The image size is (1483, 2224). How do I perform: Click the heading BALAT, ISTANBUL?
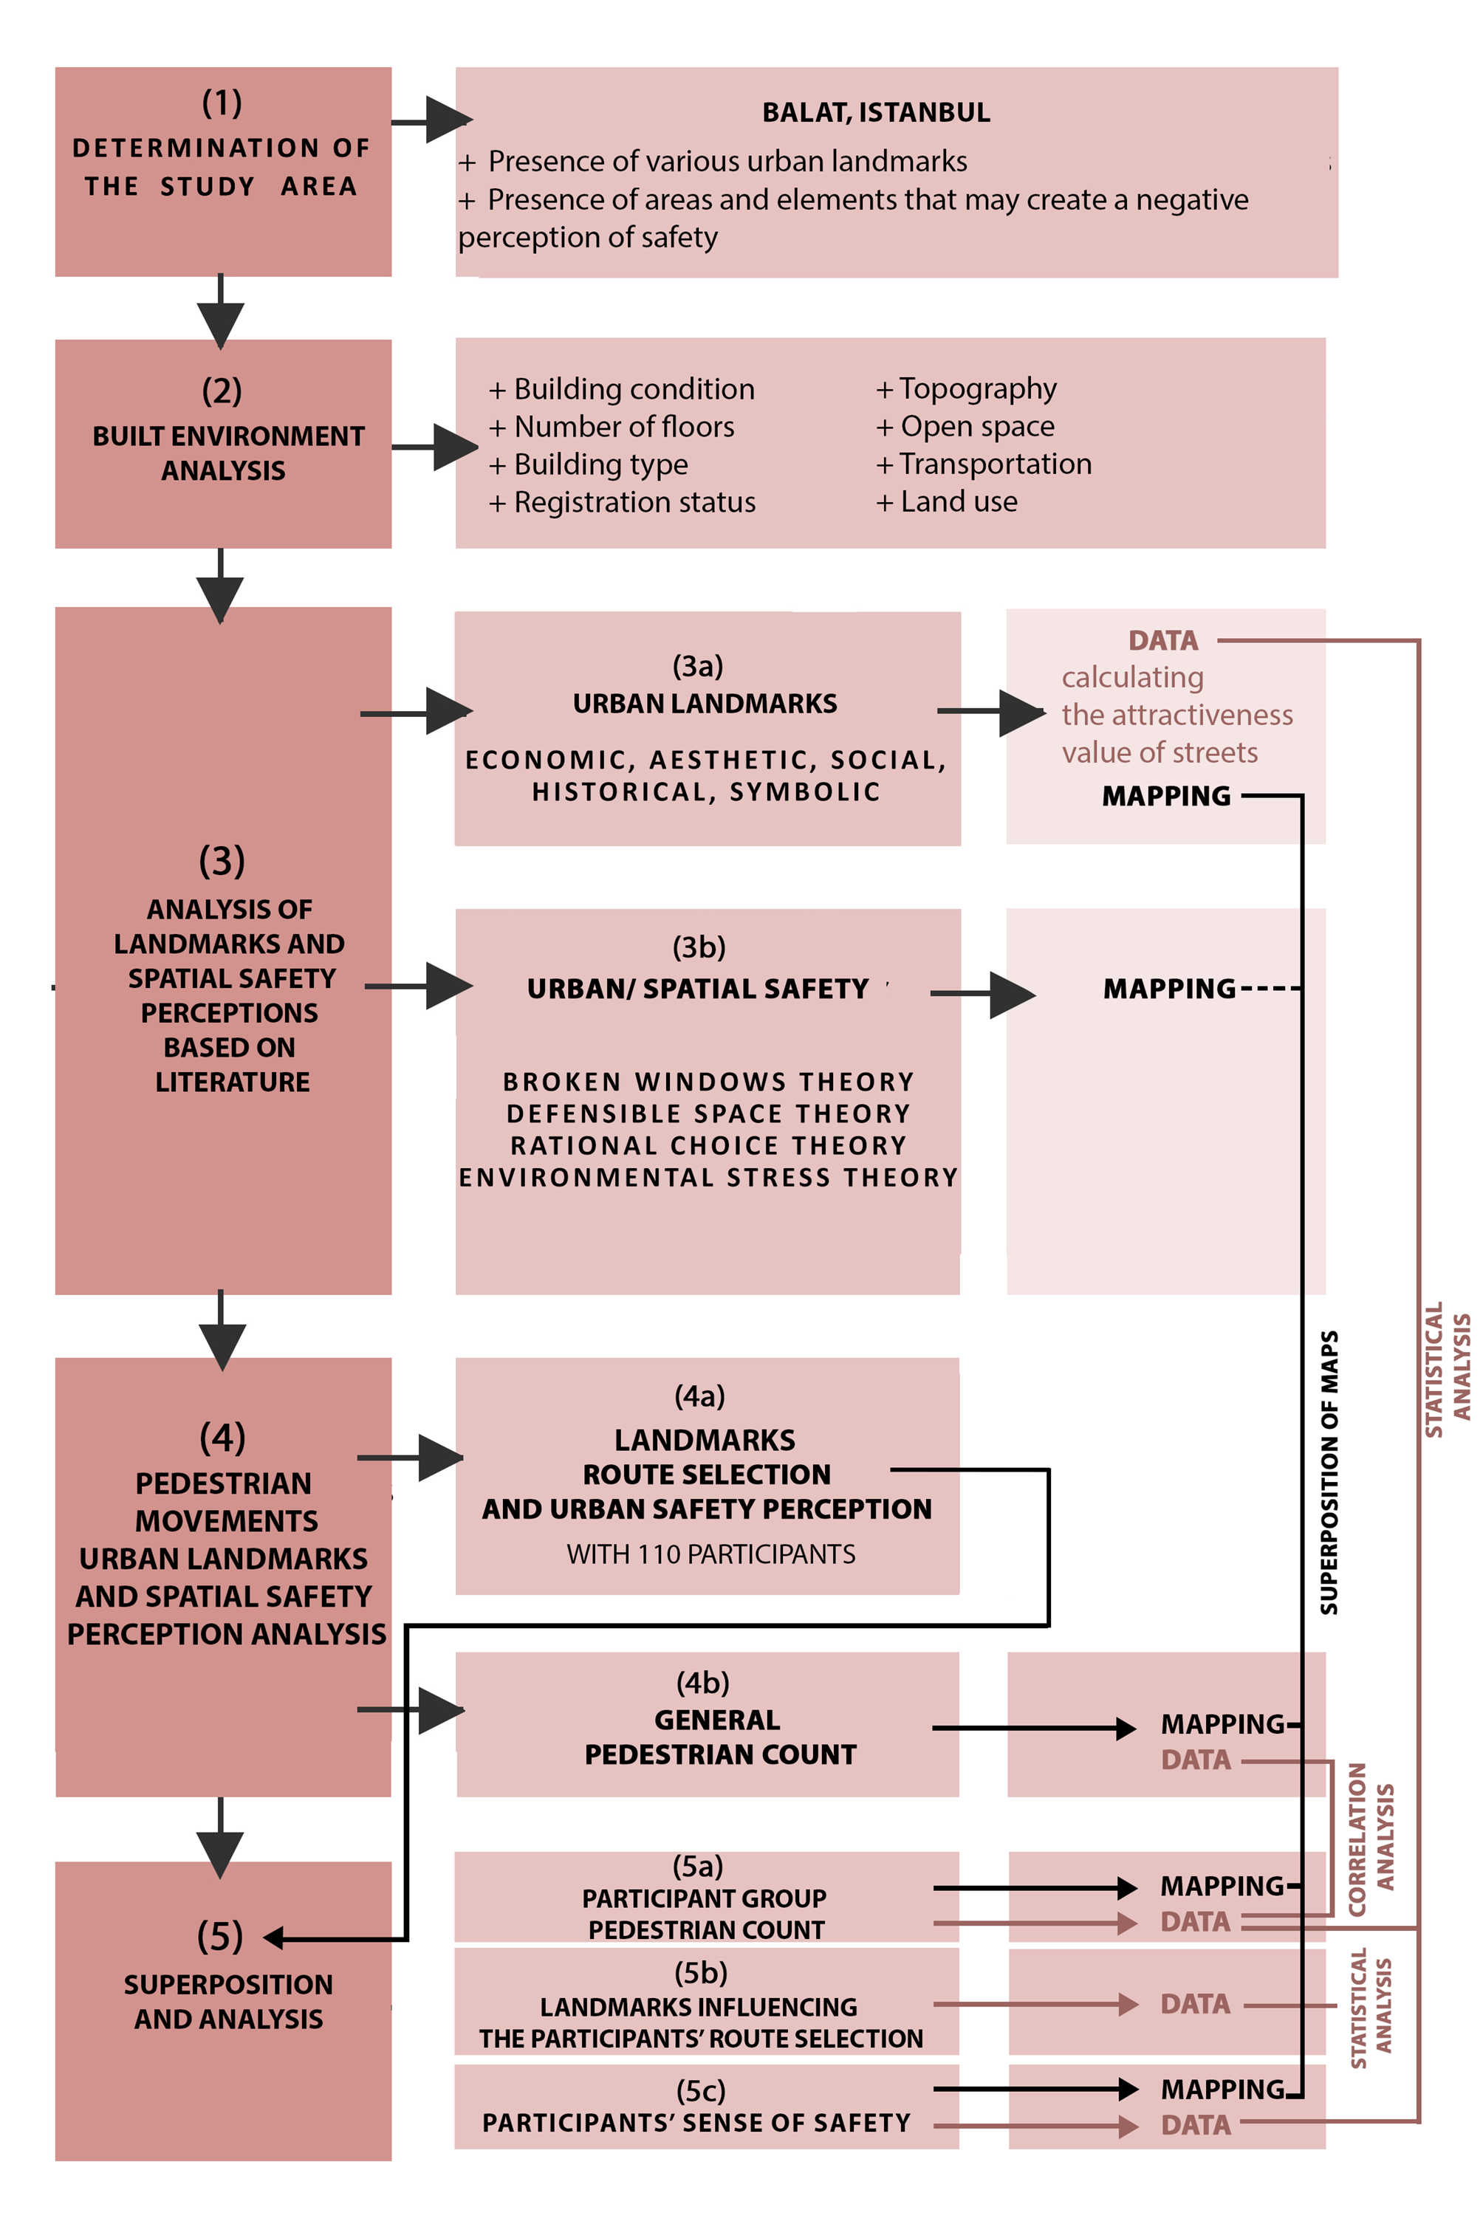click(x=876, y=112)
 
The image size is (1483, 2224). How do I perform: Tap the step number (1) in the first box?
click(x=222, y=102)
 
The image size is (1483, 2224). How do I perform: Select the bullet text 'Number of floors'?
click(x=624, y=427)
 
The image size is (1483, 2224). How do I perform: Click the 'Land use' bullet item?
click(x=959, y=501)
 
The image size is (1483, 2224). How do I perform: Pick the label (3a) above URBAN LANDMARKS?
click(x=698, y=666)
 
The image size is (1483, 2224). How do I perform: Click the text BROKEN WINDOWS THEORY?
click(x=708, y=1081)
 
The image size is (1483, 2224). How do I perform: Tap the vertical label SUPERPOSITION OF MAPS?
click(x=1329, y=1472)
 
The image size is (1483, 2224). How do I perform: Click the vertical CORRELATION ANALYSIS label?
click(x=1371, y=1839)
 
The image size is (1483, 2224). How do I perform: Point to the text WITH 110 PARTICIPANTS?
click(x=711, y=1554)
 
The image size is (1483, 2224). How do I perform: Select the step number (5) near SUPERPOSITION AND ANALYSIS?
click(x=220, y=1937)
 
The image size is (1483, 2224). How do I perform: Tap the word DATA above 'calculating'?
click(x=1163, y=640)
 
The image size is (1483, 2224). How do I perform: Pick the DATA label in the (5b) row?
click(x=1196, y=2004)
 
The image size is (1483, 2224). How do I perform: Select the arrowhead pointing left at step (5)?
click(x=273, y=1938)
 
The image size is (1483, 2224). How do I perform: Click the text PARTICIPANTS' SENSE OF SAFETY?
click(x=697, y=2123)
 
